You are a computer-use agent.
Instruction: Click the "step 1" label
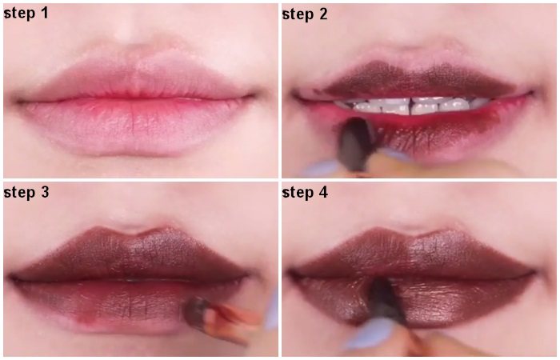[x=26, y=14]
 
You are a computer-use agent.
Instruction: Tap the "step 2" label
[x=305, y=14]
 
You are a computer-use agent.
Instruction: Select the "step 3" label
[x=26, y=193]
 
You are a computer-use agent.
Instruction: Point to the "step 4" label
[x=305, y=193]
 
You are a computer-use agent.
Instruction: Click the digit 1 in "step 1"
[x=44, y=13]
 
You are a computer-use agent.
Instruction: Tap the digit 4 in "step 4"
[x=323, y=192]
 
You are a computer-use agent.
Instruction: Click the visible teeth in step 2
[x=410, y=106]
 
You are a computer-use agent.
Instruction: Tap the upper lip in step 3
[x=129, y=254]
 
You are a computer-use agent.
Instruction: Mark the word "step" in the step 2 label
[x=297, y=14]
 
